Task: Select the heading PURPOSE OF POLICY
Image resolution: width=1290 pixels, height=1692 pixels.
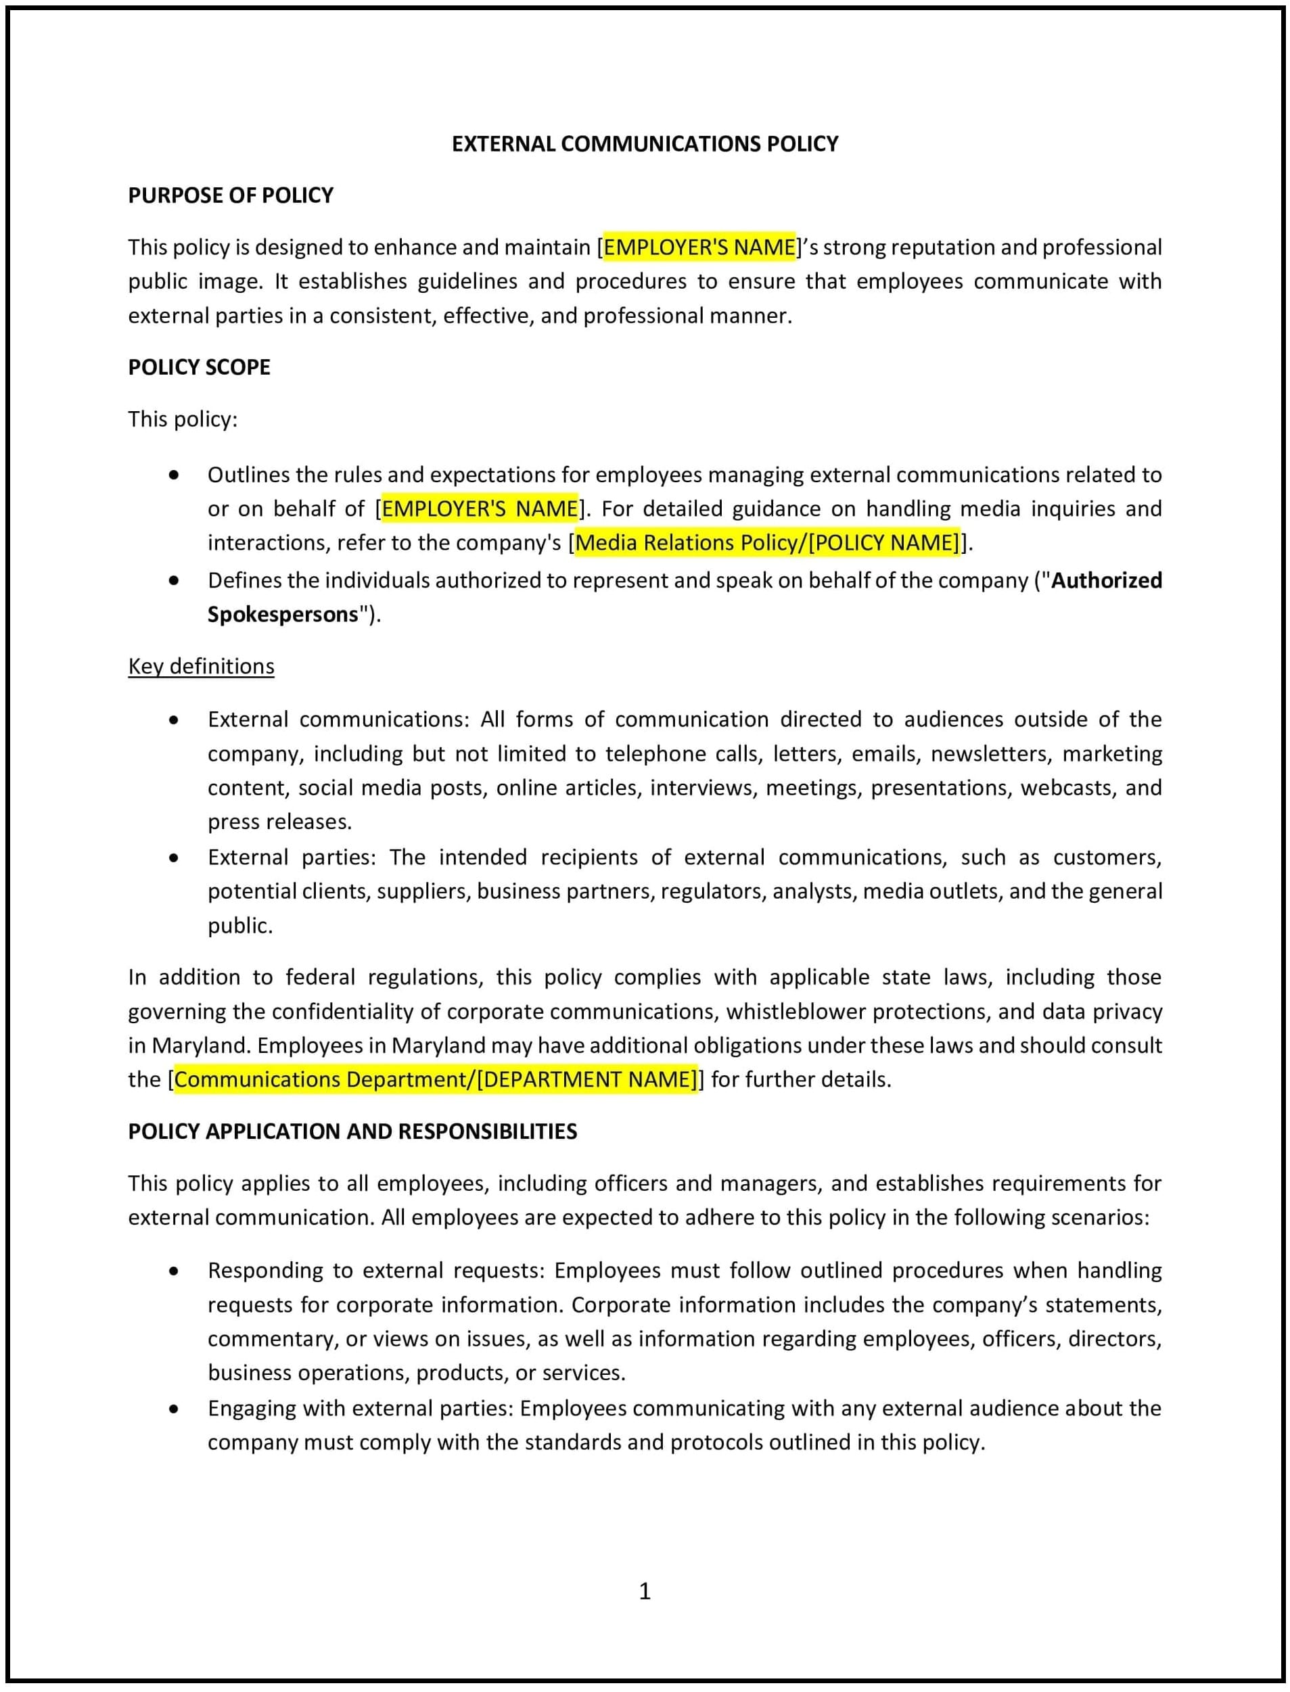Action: tap(231, 195)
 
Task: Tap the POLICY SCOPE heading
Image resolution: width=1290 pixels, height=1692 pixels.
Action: tap(199, 367)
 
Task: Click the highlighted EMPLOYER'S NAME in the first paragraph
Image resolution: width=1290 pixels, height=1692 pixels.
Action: tap(699, 248)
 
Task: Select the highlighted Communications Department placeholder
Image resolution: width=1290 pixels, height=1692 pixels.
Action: tap(436, 1079)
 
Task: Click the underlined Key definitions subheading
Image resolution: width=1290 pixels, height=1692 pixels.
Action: tap(201, 666)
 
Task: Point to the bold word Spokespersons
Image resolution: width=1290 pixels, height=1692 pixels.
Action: tap(283, 614)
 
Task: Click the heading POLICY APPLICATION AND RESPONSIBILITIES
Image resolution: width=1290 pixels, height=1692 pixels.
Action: tap(352, 1131)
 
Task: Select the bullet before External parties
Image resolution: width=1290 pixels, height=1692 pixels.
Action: tap(175, 857)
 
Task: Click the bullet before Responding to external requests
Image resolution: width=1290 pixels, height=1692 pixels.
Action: tap(175, 1271)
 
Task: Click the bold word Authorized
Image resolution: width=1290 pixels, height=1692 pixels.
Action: tap(1106, 580)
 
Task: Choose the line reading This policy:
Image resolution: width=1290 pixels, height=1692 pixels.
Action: tap(183, 419)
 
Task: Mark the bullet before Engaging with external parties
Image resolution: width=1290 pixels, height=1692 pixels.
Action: tap(175, 1409)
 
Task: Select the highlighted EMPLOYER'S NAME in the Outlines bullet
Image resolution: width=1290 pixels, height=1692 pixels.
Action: tap(480, 509)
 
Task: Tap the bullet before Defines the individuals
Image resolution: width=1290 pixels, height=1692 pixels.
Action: tap(175, 581)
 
